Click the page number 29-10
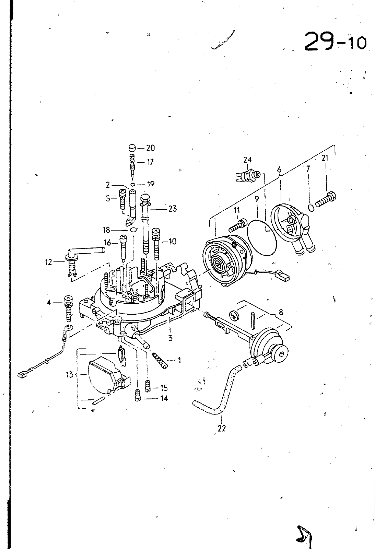335,42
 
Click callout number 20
151,148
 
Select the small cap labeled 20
132,148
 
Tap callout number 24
247,160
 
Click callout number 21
325,158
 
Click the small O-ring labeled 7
311,208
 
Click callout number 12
48,262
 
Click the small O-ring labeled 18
133,230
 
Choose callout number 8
281,312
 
